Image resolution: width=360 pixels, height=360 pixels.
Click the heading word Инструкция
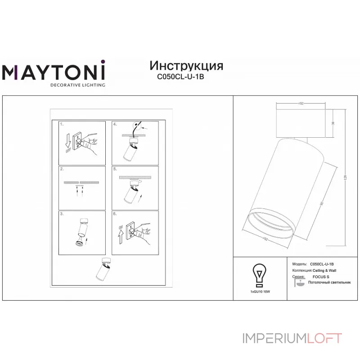pyautogui.click(x=186, y=66)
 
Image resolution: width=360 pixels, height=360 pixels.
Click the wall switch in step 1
pyautogui.click(x=78, y=140)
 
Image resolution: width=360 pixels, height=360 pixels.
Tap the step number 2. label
pyautogui.click(x=63, y=169)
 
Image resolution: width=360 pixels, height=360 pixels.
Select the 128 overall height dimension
pyautogui.click(x=346, y=178)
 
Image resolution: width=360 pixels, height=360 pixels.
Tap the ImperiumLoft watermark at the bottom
pyautogui.click(x=292, y=338)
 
